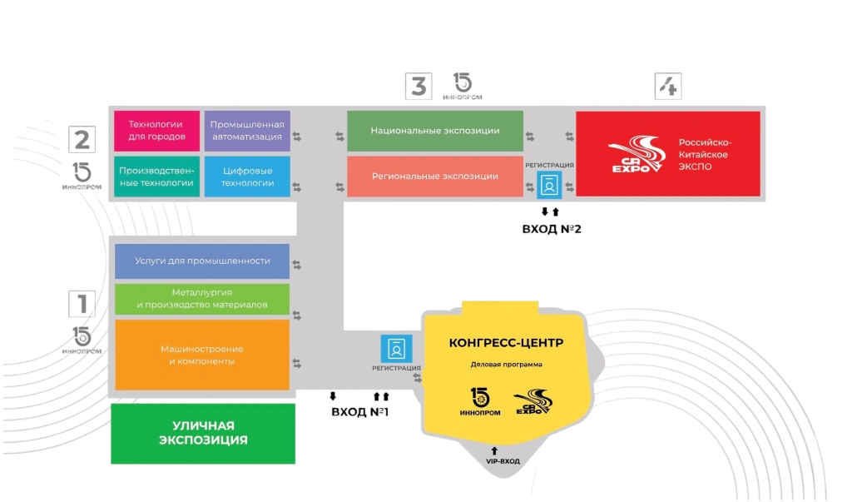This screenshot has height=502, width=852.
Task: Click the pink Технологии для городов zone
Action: coord(156,131)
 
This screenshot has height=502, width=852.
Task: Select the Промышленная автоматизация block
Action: coord(247,131)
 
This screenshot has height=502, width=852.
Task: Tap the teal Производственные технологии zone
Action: coord(156,176)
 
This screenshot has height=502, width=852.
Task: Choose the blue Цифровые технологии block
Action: coord(247,176)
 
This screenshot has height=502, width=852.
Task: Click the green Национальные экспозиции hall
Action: coord(434,131)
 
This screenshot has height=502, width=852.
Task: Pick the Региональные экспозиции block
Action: coord(434,176)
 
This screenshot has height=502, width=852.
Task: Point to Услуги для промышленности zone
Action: coord(202,261)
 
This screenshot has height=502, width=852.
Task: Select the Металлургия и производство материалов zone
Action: coord(202,299)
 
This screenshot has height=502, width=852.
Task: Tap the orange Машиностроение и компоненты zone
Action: coord(202,355)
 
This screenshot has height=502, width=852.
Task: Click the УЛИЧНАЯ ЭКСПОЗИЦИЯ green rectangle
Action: coord(203,434)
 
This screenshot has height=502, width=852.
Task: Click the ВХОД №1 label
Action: coord(359,412)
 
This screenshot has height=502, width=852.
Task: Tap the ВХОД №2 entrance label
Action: coord(552,229)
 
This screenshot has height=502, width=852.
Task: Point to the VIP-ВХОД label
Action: coord(503,461)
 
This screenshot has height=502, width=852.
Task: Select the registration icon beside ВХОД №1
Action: coord(396,349)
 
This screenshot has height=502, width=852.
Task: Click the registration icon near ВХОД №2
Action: coord(549,185)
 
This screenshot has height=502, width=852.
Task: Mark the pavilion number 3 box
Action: coord(419,86)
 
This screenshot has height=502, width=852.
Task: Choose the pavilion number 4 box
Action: coord(668,86)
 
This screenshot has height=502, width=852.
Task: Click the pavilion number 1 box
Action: coord(82,304)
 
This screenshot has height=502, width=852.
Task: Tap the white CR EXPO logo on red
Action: coord(637,155)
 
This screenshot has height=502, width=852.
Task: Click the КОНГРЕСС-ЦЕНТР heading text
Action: coord(506,343)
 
